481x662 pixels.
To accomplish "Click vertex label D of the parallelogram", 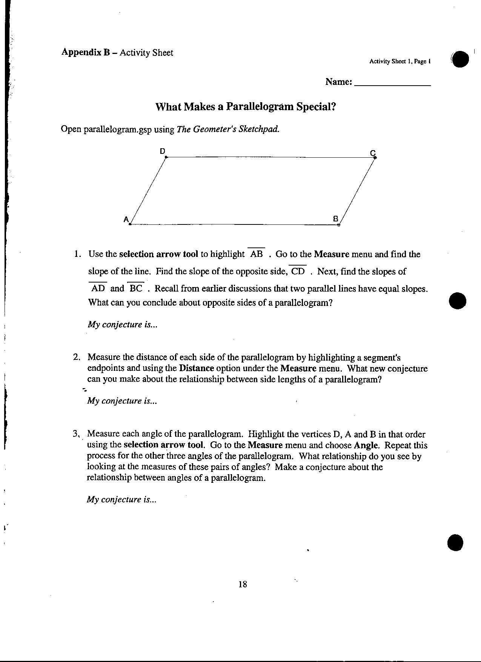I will (162, 151).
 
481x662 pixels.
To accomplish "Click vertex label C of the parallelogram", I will (373, 153).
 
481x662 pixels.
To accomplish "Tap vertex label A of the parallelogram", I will (127, 219).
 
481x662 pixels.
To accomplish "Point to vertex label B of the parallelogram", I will (335, 218).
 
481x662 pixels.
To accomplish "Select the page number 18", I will (243, 584).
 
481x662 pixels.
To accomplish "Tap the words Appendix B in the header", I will (85, 52).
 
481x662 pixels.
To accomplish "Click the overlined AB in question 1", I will (257, 254).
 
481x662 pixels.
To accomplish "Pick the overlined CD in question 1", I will (298, 271).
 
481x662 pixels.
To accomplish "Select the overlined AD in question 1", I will (98, 289).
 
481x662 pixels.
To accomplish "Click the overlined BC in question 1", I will (136, 289).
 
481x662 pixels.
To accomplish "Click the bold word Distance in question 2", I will (197, 368).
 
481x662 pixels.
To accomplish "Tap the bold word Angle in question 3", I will (366, 445).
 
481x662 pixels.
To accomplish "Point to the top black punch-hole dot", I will (460, 59).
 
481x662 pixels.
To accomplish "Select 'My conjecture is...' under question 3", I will (121, 499).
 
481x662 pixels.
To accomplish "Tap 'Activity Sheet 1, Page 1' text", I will (400, 61).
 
